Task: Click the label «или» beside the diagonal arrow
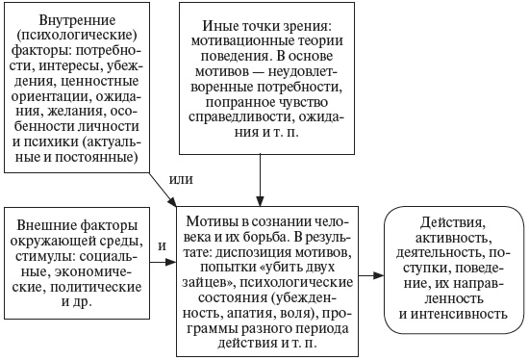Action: click(x=181, y=179)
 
